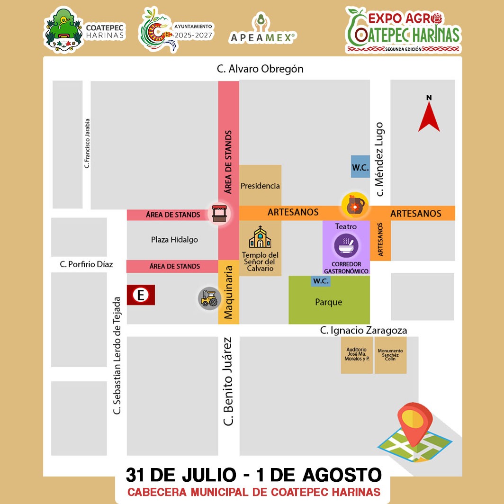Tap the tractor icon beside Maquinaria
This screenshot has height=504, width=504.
tap(209, 298)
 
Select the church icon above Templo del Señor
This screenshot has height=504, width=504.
tap(260, 237)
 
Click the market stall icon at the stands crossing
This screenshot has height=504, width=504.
tap(219, 213)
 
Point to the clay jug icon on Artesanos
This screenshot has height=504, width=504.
tap(355, 205)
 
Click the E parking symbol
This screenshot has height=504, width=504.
tap(141, 295)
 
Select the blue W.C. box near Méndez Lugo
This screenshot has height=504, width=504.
tap(360, 167)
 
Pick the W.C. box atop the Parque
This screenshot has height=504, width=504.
tap(321, 281)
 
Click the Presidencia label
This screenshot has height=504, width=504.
tap(260, 186)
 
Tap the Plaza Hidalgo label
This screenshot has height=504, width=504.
tap(174, 240)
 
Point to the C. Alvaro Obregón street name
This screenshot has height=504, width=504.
tap(260, 69)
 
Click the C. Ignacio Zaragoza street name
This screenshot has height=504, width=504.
tap(363, 330)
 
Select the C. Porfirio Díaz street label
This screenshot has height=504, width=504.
tap(86, 264)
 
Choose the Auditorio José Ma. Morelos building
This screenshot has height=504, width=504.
tap(357, 355)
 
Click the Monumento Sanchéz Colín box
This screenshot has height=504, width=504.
tap(390, 355)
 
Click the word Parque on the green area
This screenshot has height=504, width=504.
tap(328, 302)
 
